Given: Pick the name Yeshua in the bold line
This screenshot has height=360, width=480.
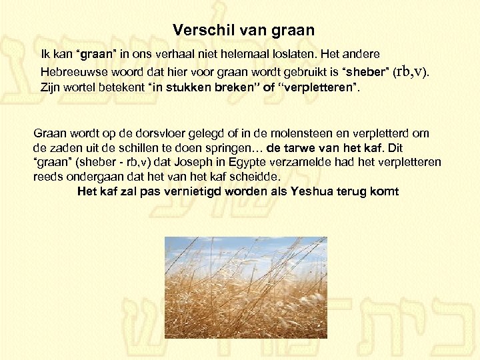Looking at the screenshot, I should (315, 191).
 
